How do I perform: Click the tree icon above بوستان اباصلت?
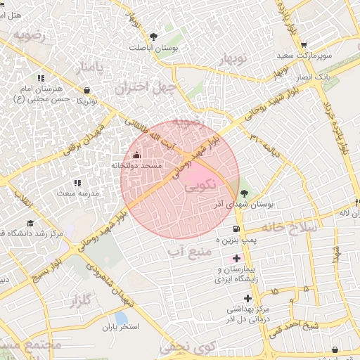[154, 37]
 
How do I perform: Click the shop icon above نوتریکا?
[86, 91]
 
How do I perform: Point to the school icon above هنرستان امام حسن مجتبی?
[41, 78]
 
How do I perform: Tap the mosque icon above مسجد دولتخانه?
[136, 155]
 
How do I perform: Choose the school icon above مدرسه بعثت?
[77, 182]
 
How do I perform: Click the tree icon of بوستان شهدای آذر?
[243, 192]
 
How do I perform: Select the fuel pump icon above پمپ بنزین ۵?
[235, 229]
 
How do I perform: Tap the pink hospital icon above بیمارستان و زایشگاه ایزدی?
[236, 258]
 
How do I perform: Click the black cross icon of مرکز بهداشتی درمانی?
[247, 298]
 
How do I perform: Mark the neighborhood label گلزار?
[82, 302]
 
